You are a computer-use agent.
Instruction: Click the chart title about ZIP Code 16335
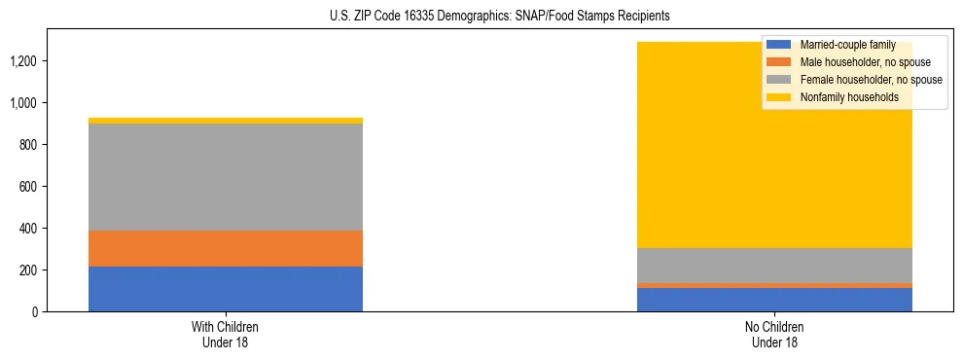(x=481, y=17)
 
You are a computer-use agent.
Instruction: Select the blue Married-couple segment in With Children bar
(x=226, y=289)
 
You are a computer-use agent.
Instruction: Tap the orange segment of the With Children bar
(x=226, y=248)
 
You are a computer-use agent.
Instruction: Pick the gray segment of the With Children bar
(x=226, y=177)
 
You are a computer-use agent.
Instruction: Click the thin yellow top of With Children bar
(x=226, y=121)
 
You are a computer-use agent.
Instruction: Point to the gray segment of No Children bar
(x=774, y=266)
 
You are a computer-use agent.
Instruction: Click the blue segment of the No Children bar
(x=774, y=300)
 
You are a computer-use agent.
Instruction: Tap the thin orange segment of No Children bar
(x=774, y=285)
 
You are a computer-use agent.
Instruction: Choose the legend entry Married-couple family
(x=847, y=45)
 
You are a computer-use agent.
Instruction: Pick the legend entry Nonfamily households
(x=842, y=97)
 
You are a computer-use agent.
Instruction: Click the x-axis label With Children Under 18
(x=226, y=335)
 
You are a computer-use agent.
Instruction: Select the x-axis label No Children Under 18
(x=774, y=335)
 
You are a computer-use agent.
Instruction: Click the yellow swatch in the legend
(x=779, y=97)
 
